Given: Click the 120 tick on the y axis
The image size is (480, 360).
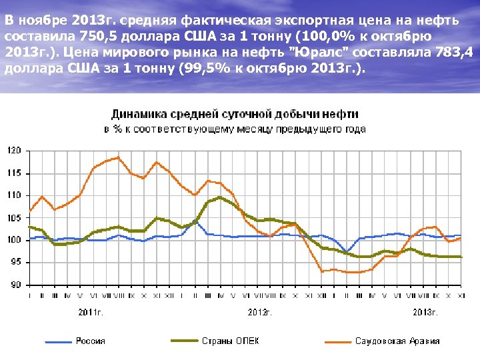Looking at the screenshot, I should (14, 151).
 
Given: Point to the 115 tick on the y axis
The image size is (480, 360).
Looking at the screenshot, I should (14, 173).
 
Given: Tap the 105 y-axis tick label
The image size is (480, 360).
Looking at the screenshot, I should (14, 218).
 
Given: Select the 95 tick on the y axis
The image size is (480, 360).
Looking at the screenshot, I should (15, 263).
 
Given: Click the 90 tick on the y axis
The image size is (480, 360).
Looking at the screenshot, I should (15, 285).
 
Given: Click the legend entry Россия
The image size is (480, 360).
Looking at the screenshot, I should (90, 341).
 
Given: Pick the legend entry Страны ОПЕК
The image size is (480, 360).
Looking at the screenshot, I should (230, 341).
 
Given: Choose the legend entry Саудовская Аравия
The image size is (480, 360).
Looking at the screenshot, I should (397, 341).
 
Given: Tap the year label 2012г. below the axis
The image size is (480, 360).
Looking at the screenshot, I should (260, 311).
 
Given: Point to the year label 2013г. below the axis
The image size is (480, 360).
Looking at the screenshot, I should (425, 311).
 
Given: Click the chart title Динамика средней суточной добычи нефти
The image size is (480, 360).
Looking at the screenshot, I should (235, 114).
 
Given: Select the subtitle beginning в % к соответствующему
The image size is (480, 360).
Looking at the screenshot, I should (235, 128).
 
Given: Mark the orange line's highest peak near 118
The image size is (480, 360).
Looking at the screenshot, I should (118, 157).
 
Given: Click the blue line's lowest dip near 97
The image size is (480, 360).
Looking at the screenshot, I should (347, 251).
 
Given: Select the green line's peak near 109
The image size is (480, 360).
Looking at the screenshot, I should (220, 197).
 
